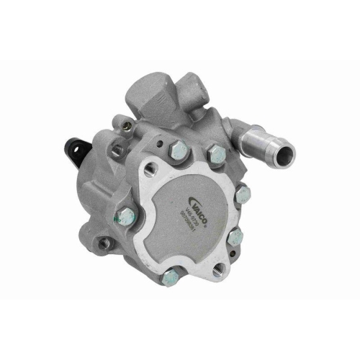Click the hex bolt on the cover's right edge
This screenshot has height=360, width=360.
[242, 193]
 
